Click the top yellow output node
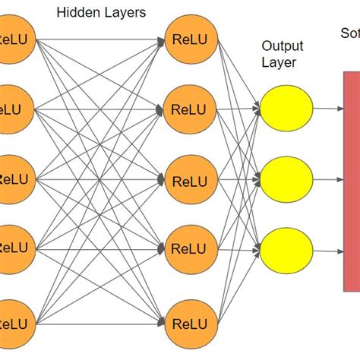pos(286,109)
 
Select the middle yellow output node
pos(286,180)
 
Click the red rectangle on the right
pos(351,180)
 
